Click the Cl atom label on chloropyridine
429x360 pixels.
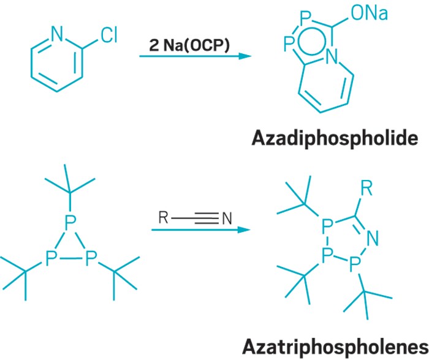(x=108, y=36)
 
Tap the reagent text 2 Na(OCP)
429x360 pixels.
(x=189, y=45)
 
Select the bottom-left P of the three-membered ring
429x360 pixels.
(x=51, y=261)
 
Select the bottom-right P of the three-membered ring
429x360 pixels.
(x=91, y=261)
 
